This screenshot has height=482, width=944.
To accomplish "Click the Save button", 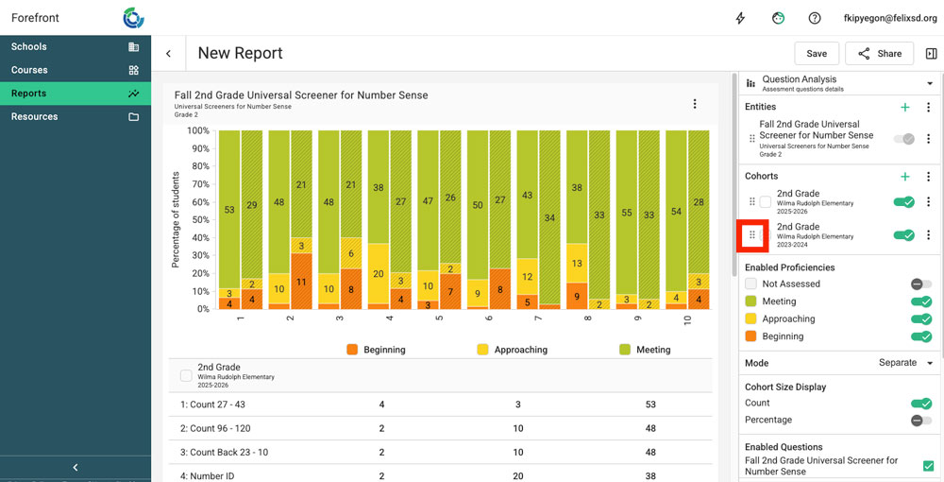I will tap(817, 54).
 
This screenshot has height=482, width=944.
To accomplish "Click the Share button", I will tap(879, 54).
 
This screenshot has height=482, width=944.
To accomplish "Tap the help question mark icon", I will tap(815, 18).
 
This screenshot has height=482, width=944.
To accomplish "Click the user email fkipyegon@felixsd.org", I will tap(890, 18).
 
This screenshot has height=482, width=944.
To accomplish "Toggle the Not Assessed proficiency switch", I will tap(921, 284).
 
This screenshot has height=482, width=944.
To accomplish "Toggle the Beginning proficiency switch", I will tap(921, 336).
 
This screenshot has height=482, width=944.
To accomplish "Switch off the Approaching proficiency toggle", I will tap(921, 318).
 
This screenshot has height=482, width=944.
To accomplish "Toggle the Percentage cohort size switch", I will tap(921, 420).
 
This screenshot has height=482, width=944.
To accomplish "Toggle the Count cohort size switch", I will tap(921, 404).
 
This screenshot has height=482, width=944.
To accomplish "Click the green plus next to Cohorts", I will tap(904, 177).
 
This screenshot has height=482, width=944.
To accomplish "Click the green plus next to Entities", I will tap(904, 108).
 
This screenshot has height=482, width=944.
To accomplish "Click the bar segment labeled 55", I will tap(625, 214).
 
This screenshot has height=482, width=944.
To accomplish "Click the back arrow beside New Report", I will tap(168, 54).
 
